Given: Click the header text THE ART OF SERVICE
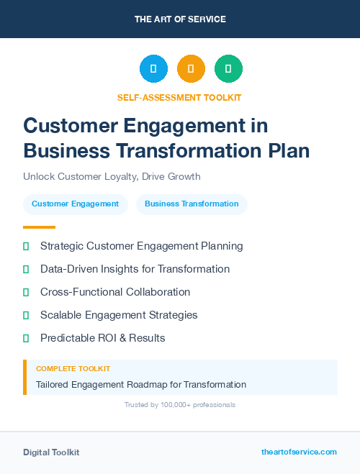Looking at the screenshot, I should (180, 19).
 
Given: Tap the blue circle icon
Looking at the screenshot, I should (153, 69).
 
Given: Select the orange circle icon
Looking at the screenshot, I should (191, 69).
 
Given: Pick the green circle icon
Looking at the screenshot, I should (228, 69).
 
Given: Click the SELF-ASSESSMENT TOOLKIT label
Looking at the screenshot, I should (180, 97).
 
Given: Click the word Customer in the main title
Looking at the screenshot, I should (68, 125).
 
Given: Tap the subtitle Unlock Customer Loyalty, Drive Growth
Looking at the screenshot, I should (112, 176).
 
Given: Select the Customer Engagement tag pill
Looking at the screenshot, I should (76, 204).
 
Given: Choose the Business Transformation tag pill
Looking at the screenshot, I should (192, 204).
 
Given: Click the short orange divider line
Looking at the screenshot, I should (35, 227).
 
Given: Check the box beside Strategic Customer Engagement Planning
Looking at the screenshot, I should (26, 247).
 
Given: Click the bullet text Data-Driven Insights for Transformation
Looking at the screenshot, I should (135, 269).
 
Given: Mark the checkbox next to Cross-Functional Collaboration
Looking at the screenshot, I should (26, 293).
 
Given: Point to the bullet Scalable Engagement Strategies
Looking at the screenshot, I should (119, 315).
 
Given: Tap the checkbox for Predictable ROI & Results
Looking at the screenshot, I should (26, 338).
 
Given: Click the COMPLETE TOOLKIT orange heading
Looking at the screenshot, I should (73, 368).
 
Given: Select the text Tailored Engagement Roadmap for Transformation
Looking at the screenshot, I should (141, 385).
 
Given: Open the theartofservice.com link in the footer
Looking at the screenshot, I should (299, 452).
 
